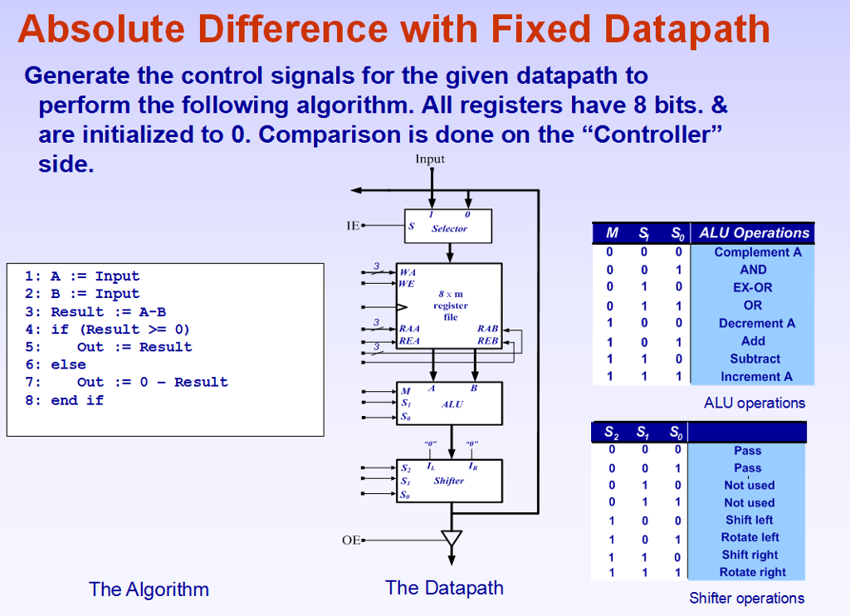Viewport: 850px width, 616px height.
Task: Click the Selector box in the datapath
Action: [449, 226]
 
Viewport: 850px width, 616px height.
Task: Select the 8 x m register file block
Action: [449, 306]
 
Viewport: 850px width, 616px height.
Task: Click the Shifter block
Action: [449, 481]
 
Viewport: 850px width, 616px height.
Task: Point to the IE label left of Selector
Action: [353, 225]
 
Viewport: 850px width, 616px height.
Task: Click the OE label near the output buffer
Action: [351, 540]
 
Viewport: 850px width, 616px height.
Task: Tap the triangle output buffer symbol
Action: [451, 538]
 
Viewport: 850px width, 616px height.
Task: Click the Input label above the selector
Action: [430, 159]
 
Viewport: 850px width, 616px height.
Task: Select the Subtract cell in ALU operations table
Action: [755, 359]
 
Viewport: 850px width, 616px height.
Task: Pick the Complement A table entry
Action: [755, 252]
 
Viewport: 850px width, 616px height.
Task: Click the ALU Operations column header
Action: [754, 233]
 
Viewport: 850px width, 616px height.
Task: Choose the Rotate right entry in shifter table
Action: [752, 572]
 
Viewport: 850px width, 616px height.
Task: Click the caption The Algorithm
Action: [149, 589]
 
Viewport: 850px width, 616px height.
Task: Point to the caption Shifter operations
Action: [746, 598]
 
